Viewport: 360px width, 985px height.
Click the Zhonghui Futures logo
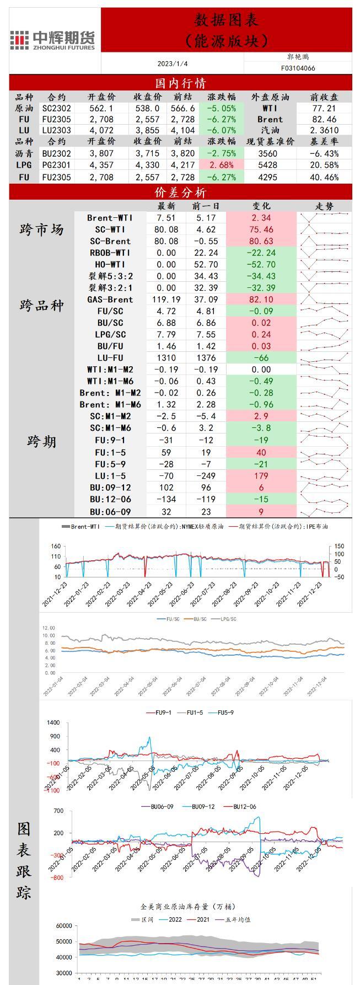click(x=53, y=40)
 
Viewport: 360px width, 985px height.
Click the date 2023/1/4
click(x=173, y=64)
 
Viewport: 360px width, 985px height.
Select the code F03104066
click(x=298, y=68)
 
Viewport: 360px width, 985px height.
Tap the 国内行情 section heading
click(x=180, y=83)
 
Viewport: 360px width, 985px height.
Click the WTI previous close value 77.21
click(x=324, y=109)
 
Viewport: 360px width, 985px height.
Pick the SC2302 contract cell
click(x=57, y=109)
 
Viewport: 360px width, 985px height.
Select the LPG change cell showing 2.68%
click(x=222, y=165)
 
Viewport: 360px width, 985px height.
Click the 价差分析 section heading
click(x=180, y=192)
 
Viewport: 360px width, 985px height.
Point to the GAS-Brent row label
click(x=110, y=299)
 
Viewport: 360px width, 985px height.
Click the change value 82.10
click(x=261, y=299)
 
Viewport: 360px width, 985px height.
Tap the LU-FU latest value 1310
click(x=166, y=358)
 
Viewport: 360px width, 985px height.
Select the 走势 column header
click(x=324, y=206)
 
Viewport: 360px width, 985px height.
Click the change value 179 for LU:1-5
click(x=261, y=475)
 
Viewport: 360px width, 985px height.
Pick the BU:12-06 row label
click(x=110, y=499)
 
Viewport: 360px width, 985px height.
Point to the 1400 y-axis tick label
click(x=53, y=722)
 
